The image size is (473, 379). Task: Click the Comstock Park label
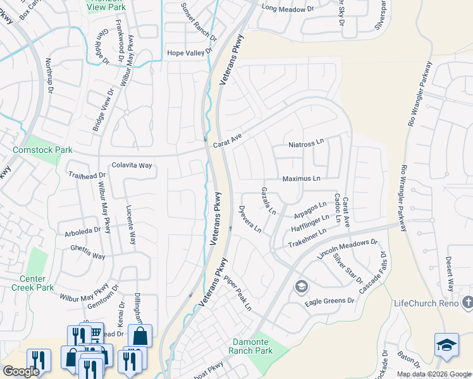click(x=42, y=150)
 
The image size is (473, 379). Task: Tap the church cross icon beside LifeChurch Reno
click(x=467, y=303)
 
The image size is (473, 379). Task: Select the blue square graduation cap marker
click(x=446, y=346)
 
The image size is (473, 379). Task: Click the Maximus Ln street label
click(x=301, y=179)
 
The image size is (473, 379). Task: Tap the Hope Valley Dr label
click(x=188, y=53)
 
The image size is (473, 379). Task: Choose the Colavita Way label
click(x=132, y=165)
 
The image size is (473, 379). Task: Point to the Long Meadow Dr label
click(x=287, y=8)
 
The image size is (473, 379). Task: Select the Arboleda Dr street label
click(x=82, y=231)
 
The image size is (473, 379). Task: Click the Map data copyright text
click(x=434, y=374)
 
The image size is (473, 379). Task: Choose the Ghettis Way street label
click(x=87, y=252)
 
